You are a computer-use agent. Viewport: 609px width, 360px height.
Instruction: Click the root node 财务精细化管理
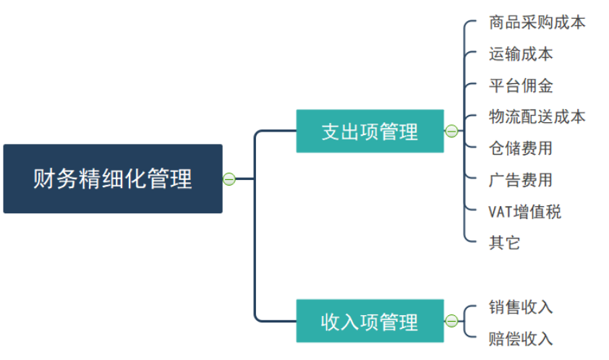113,179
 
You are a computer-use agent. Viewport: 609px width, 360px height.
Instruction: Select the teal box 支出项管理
370,131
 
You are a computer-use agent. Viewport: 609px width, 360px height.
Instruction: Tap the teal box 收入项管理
370,321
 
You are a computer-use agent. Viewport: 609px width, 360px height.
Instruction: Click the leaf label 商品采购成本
537,22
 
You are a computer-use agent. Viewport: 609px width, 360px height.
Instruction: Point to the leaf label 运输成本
521,54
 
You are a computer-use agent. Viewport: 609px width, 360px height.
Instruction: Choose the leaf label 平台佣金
521,86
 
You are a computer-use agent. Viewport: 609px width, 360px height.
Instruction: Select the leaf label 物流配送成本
537,117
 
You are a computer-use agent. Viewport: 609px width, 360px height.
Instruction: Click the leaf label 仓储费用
521,149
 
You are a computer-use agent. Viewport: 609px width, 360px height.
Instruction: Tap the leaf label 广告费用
521,180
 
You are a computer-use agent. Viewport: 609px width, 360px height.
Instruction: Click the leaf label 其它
504,243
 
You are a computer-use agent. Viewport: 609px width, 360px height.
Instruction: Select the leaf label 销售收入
521,307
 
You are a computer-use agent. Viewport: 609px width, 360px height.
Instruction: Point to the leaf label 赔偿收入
521,338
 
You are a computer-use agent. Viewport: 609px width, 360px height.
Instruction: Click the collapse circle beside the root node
229,179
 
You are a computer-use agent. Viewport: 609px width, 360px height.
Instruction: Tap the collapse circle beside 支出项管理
451,131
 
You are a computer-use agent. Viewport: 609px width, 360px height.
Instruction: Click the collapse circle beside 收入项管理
451,321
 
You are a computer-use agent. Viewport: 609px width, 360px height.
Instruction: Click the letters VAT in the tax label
501,212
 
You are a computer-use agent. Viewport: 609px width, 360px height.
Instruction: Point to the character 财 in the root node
42,179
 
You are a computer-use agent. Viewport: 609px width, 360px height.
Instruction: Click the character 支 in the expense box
330,132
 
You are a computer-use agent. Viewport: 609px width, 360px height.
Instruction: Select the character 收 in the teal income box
330,322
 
